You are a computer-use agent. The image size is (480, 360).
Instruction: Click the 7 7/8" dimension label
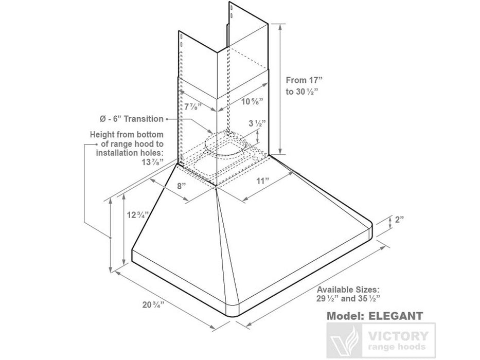(192, 107)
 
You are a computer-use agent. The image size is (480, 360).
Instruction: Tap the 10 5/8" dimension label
(252, 101)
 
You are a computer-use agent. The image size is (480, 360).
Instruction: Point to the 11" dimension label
(263, 181)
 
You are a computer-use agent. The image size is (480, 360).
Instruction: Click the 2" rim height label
(399, 220)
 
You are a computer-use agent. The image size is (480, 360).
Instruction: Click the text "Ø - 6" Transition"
(132, 119)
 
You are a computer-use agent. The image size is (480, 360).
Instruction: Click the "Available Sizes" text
(348, 289)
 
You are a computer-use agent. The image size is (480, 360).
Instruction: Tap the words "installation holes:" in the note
(129, 153)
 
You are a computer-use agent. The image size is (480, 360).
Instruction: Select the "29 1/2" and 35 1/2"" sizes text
(349, 298)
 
